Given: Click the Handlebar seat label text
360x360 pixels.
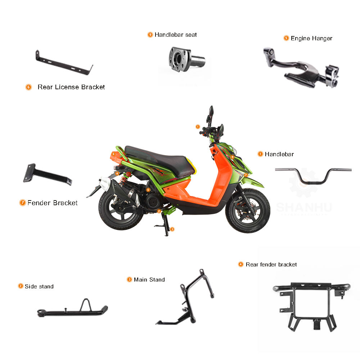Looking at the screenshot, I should [x=176, y=35].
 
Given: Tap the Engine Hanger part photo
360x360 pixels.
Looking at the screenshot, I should [x=301, y=68].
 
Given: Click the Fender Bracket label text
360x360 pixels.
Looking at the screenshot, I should [x=53, y=203].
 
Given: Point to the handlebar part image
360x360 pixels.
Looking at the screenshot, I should [x=313, y=174].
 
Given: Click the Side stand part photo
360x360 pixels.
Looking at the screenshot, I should [x=72, y=309].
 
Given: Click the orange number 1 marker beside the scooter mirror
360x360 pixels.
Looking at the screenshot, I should [x=197, y=126].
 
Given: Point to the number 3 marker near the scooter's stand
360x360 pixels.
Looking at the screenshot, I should [x=172, y=229].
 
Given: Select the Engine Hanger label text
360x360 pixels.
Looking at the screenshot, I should [x=311, y=38].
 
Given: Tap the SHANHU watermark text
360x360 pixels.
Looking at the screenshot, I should [x=304, y=207].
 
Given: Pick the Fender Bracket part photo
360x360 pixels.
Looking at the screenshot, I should [x=47, y=175].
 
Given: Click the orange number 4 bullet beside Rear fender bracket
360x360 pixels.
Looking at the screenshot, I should [x=241, y=264].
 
